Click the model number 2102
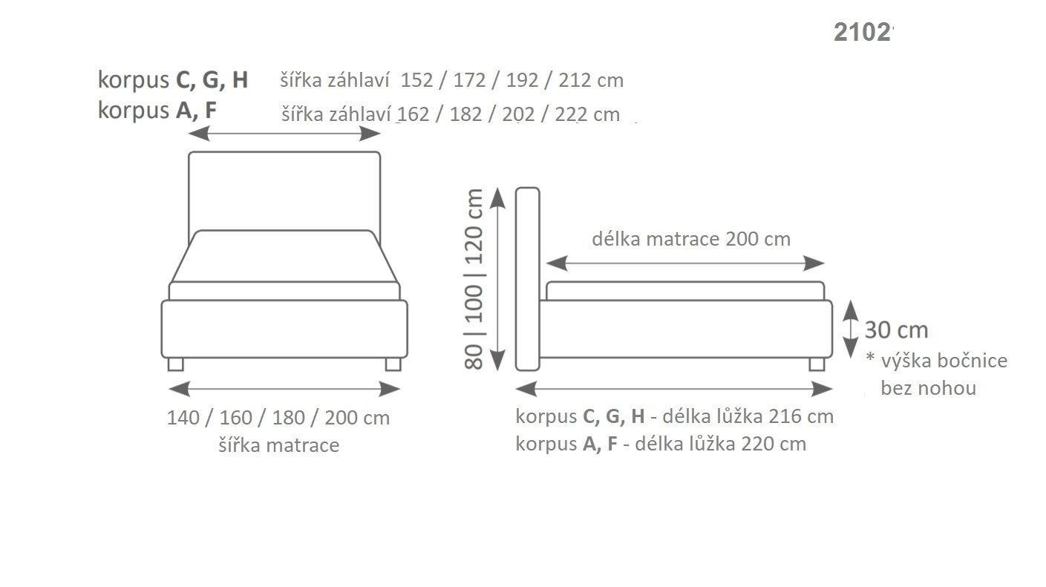point(862,33)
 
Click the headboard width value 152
point(416,80)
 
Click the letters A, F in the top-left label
point(196,111)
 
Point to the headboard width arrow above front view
point(284,134)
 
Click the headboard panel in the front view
point(284,190)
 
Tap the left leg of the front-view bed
point(175,364)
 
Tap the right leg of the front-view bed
point(393,364)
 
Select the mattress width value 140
point(183,418)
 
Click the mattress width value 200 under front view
point(341,418)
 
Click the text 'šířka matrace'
point(278,445)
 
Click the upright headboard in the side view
point(527,278)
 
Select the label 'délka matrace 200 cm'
point(690,239)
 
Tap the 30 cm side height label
point(896,330)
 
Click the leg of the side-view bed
point(817,364)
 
